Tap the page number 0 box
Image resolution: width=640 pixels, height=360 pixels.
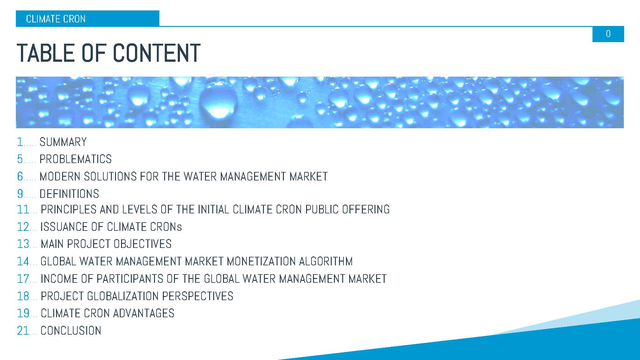tap(608, 34)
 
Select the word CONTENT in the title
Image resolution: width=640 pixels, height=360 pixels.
tap(157, 53)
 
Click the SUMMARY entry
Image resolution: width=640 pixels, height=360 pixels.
tap(63, 142)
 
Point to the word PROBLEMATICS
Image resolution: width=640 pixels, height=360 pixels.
tap(75, 159)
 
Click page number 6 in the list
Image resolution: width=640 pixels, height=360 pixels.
tap(20, 176)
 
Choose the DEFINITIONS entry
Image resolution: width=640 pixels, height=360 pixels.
tap(69, 194)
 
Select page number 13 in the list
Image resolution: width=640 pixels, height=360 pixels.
tap(23, 244)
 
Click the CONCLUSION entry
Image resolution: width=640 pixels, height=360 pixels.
tap(71, 331)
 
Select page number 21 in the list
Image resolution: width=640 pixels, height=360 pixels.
tap(23, 331)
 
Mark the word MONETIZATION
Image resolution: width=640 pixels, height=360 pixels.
tap(261, 262)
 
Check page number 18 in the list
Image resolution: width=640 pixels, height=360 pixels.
tap(23, 296)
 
